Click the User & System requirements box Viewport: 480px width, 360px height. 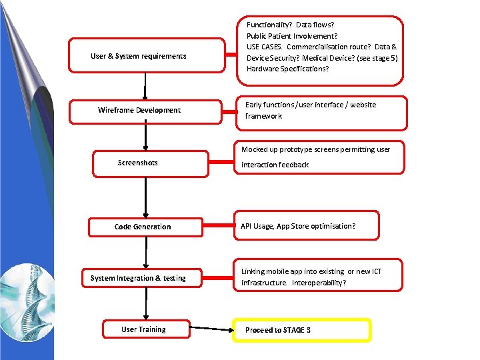139,56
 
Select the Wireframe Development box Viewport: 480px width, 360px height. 139,110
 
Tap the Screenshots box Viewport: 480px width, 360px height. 138,163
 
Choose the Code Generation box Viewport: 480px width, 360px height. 143,227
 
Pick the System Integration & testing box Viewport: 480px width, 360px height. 138,278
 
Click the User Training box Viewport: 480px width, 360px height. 143,329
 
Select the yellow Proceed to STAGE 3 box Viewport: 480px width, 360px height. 301,330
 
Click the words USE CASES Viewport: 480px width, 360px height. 264,47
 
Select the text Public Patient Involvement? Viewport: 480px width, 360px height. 291,36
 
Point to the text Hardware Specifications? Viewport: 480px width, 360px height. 287,69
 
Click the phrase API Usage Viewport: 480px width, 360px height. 257,226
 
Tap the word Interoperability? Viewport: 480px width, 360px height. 319,283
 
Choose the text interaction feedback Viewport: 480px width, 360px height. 275,165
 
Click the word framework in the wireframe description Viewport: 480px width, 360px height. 263,116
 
